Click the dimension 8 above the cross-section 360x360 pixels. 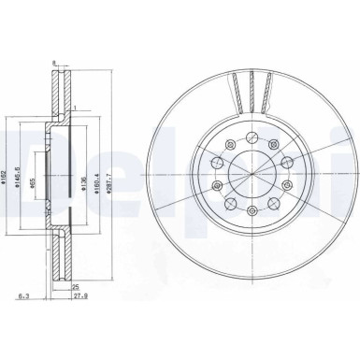[x=55, y=64]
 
